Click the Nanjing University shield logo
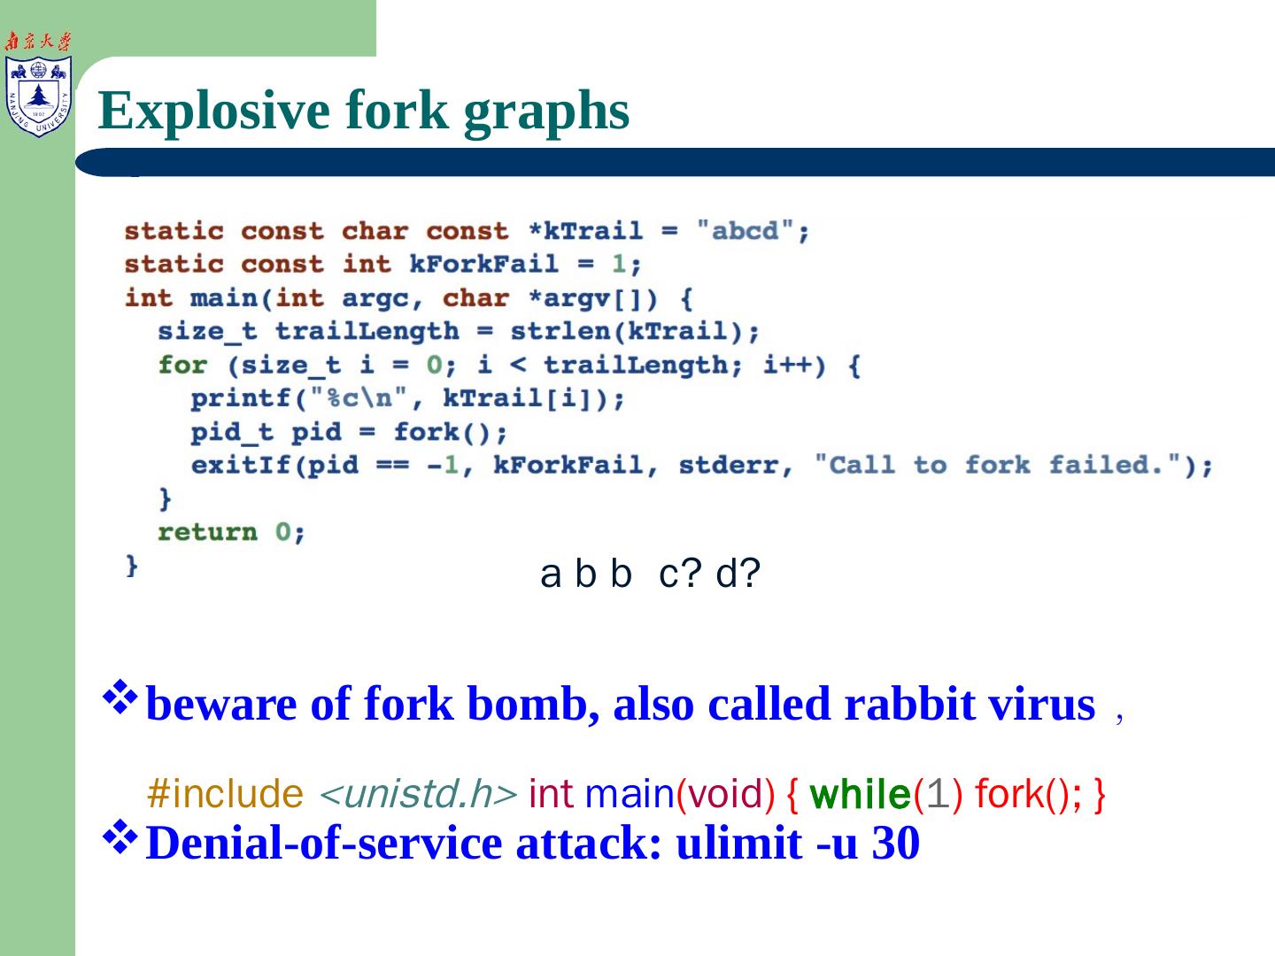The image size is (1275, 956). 38,96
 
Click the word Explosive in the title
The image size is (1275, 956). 213,111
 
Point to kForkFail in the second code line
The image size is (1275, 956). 483,264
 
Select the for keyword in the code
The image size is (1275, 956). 182,365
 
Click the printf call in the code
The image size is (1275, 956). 241,398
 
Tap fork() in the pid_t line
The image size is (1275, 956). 450,432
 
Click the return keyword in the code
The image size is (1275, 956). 207,532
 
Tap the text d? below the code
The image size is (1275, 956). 738,574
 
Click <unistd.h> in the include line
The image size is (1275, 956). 417,794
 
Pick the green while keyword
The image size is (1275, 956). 860,794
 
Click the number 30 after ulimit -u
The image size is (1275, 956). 895,843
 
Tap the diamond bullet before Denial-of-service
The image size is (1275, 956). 120,836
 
